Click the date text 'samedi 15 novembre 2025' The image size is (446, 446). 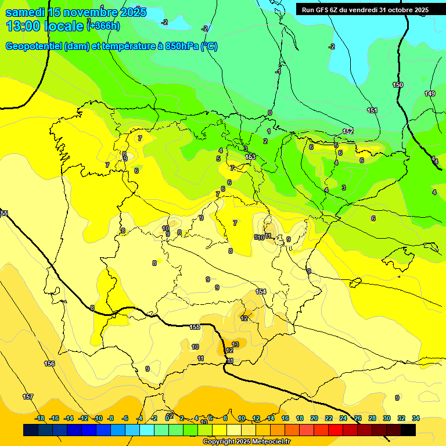pos(75,12)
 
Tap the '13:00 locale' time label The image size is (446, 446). pos(45,26)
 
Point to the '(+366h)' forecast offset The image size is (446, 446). pos(103,26)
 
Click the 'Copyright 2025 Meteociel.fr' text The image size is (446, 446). pos(246,442)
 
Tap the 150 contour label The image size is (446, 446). pos(397,85)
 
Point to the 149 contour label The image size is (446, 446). pos(430,93)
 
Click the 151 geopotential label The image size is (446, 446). pos(372,110)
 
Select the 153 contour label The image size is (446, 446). pos(250,157)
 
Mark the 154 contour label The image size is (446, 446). pos(261,292)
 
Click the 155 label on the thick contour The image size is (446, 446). pos(195,327)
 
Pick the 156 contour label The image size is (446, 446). pos(49,364)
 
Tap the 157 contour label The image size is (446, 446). pos(28,397)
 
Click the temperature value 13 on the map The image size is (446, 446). pos(235,344)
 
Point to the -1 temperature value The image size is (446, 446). pos(278,72)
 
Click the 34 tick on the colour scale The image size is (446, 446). pos(416,418)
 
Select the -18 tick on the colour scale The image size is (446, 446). pos(40,418)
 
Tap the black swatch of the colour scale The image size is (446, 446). pos(408,430)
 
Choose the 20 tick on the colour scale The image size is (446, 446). pos(314,418)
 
